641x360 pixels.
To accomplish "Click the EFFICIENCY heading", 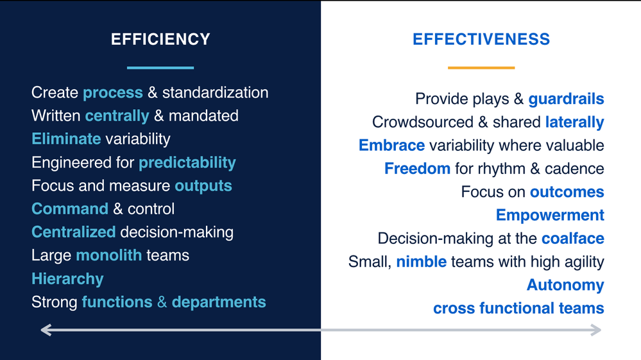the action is click(160, 39).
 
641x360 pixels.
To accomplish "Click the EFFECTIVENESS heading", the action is click(481, 39).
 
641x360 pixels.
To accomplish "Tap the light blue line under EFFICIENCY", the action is click(160, 67).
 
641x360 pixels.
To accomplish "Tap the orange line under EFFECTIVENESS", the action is click(481, 67).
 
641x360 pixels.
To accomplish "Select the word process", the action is click(113, 93).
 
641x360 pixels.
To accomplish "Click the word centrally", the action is click(117, 116).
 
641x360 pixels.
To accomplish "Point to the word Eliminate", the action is click(66, 139).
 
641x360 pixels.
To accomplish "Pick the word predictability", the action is click(187, 163).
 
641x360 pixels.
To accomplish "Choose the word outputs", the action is click(203, 186).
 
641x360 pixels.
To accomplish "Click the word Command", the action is click(70, 209).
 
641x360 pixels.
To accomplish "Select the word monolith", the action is click(109, 255).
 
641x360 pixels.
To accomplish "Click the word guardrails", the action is click(566, 99).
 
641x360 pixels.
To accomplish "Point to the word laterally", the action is click(575, 122).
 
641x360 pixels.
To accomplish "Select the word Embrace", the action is click(391, 146).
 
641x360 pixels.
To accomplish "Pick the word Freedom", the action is click(417, 169).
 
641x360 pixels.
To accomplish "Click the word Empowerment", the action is click(550, 216).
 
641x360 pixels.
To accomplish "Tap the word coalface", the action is click(573, 239).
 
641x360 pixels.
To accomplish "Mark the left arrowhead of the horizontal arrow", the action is click(46, 330).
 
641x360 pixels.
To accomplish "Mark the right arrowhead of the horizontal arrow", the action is click(595, 330).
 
